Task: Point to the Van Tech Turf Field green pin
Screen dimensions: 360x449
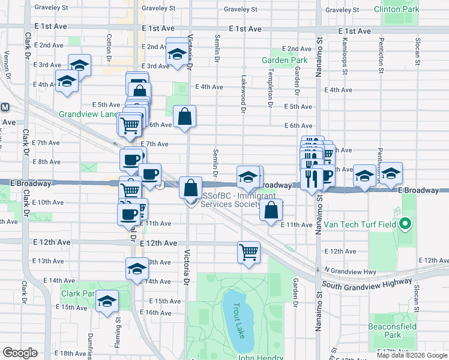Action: click(405, 225)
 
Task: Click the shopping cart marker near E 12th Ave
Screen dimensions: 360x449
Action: click(249, 251)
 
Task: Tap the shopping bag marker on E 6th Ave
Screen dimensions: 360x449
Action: click(184, 115)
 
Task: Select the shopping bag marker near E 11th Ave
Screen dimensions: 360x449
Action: click(271, 209)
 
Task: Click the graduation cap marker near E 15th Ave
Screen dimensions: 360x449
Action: click(107, 301)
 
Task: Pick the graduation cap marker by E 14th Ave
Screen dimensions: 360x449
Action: click(137, 268)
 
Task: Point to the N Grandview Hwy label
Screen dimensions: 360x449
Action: click(350, 271)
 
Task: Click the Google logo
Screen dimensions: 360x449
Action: click(20, 353)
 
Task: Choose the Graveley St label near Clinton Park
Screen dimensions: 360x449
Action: click(342, 10)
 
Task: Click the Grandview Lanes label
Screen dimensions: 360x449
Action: click(89, 114)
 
